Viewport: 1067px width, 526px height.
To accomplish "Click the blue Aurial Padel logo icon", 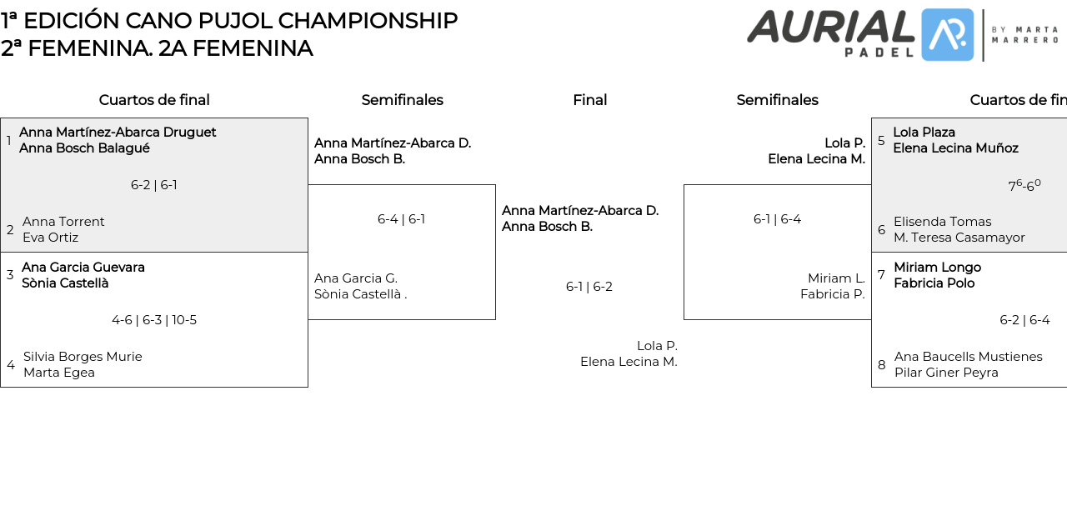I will (x=947, y=35).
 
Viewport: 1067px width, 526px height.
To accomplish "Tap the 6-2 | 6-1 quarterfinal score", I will (x=154, y=185).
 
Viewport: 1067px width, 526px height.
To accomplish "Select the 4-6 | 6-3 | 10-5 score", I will (x=154, y=320).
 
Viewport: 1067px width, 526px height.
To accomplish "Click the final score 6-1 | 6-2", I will (x=589, y=287).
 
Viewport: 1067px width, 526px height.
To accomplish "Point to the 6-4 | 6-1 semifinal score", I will (x=401, y=219).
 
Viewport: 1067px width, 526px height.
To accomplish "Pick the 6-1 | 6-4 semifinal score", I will (x=777, y=219).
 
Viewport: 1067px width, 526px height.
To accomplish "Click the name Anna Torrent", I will (x=63, y=222).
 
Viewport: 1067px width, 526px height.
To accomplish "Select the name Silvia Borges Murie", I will (x=83, y=357).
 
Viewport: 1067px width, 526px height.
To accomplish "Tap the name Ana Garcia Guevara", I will (x=83, y=268).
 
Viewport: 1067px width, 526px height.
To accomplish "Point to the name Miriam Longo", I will (x=937, y=268).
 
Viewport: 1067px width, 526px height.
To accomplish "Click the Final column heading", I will (x=589, y=100).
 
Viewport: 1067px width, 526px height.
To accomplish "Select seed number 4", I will (x=11, y=365).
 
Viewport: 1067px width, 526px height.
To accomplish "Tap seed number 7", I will (x=881, y=275).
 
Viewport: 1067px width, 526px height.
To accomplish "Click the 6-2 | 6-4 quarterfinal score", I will (x=1024, y=320).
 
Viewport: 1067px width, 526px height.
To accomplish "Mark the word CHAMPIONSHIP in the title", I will (x=368, y=21).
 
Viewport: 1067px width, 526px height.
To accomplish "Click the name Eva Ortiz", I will (x=50, y=238).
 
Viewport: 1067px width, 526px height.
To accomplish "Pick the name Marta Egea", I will (x=59, y=373).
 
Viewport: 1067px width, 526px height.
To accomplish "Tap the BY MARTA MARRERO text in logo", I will (x=1024, y=34).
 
